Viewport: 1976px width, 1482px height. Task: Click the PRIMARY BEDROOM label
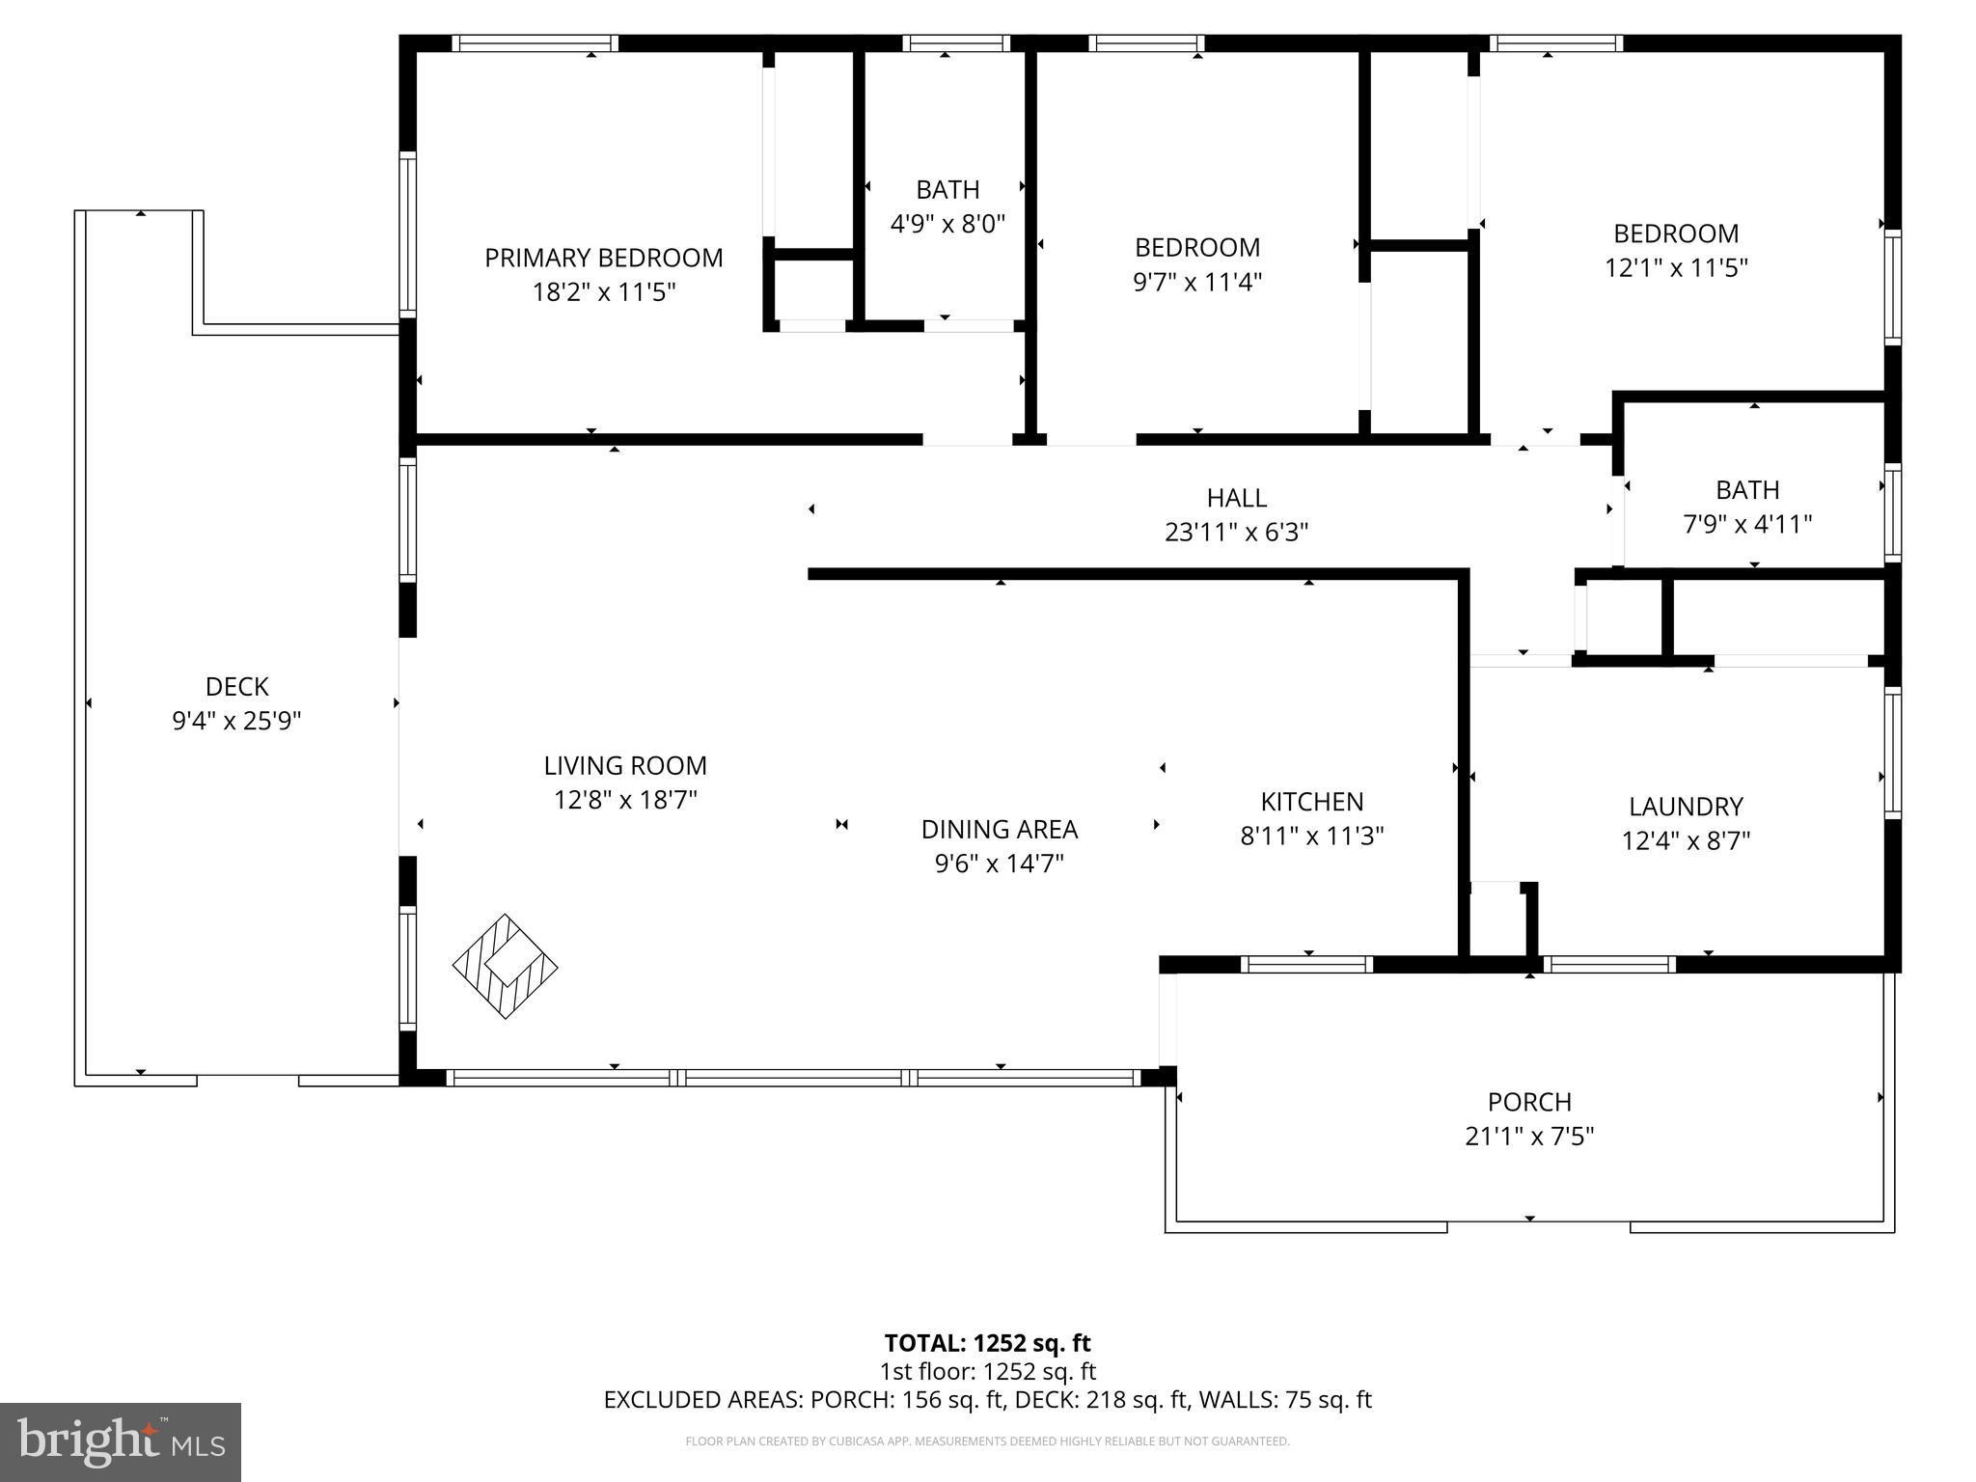(603, 258)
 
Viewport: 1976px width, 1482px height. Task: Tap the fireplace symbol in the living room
(505, 966)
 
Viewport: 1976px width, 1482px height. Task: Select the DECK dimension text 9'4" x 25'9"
(236, 721)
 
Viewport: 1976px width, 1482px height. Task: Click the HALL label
(1236, 498)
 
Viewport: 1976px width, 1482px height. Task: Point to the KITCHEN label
(1311, 802)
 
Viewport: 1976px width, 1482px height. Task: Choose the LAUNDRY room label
(1686, 807)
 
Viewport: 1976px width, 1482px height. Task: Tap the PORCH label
(1528, 1102)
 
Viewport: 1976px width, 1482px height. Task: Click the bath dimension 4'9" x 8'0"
(947, 224)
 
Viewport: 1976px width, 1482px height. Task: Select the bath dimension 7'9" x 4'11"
(1747, 524)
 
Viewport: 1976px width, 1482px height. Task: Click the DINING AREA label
(999, 830)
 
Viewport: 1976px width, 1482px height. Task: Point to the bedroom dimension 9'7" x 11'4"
(1196, 282)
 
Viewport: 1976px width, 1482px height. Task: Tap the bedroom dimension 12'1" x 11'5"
(1676, 267)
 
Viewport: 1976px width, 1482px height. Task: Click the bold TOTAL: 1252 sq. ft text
(987, 1343)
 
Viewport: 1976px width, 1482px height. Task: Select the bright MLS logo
(120, 1441)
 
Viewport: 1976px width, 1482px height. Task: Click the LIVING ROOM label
(625, 766)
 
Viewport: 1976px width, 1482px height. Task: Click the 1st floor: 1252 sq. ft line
(987, 1372)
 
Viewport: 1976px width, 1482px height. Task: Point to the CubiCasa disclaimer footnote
(987, 1441)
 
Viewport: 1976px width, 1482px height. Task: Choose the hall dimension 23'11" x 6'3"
(1236, 532)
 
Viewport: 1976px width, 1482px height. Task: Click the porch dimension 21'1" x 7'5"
(1528, 1137)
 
